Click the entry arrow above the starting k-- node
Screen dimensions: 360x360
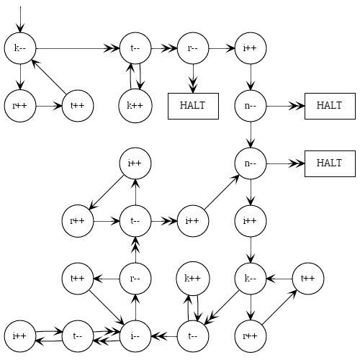point(20,19)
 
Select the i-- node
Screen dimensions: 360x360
point(135,336)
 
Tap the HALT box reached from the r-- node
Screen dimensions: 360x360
point(193,106)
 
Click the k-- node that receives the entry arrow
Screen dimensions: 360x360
point(20,48)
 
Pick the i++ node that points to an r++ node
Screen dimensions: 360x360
point(135,163)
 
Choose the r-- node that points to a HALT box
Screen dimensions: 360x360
point(193,48)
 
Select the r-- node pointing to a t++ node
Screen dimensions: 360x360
point(135,279)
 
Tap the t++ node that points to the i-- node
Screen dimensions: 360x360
point(78,279)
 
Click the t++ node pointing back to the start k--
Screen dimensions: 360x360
point(78,106)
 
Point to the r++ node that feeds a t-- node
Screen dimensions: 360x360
point(78,221)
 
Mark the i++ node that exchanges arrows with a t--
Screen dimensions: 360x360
point(20,336)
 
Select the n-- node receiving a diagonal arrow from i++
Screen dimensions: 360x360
point(251,163)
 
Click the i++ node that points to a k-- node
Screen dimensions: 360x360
point(251,221)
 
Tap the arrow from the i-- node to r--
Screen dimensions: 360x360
point(135,307)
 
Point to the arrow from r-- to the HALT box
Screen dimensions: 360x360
point(193,78)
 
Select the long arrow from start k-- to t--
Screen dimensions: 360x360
point(78,48)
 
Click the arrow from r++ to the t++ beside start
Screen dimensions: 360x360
point(49,106)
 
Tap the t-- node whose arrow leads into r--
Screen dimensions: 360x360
point(135,48)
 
